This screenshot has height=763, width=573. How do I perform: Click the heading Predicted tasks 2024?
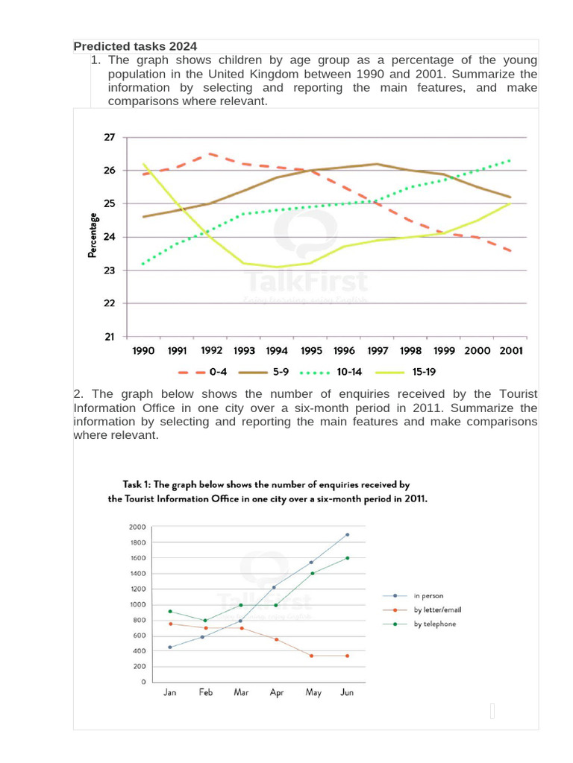135,46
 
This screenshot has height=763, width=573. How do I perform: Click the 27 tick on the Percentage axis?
110,138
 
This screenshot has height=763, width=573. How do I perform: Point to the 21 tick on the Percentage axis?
110,337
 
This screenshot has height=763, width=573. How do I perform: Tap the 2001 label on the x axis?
512,350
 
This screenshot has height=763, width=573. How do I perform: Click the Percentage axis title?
93,235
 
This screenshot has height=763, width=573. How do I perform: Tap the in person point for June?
348,534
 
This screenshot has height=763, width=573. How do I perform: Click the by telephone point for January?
170,611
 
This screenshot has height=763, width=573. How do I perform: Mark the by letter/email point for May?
312,656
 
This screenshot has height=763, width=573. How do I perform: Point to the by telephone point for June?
348,557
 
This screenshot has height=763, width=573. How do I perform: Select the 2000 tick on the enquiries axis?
137,527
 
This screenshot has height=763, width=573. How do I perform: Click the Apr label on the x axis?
277,693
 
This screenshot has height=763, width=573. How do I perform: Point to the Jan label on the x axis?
170,693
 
